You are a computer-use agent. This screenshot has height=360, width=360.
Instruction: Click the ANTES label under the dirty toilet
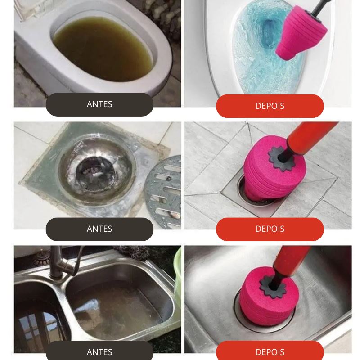point(99,104)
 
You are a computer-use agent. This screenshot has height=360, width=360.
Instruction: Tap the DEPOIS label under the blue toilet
point(270,106)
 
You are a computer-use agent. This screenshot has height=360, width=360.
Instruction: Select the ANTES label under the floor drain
point(99,229)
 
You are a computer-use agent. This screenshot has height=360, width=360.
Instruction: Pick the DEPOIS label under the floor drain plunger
point(270,229)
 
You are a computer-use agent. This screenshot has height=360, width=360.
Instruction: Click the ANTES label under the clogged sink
point(99,352)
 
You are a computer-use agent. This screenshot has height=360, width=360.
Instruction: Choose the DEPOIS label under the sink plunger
point(270,352)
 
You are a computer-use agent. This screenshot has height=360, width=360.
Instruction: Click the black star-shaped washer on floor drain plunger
point(281,158)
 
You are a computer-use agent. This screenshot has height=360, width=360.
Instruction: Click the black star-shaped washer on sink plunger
point(273,287)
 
